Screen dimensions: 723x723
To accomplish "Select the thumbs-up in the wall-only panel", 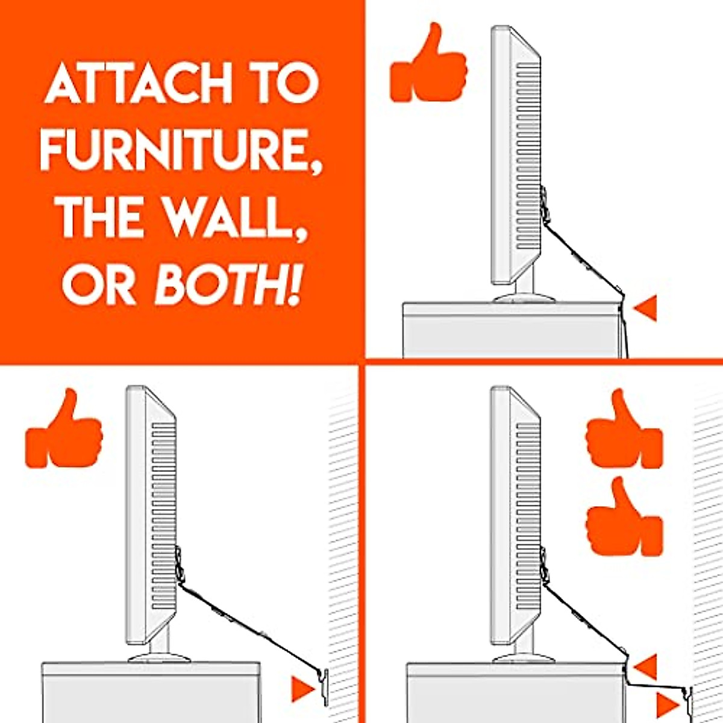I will click(63, 429).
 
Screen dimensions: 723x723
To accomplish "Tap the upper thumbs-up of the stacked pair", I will click(624, 429).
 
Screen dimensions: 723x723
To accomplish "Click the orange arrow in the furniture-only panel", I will click(645, 308).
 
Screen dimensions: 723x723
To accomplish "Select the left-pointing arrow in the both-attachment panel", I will click(645, 668).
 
